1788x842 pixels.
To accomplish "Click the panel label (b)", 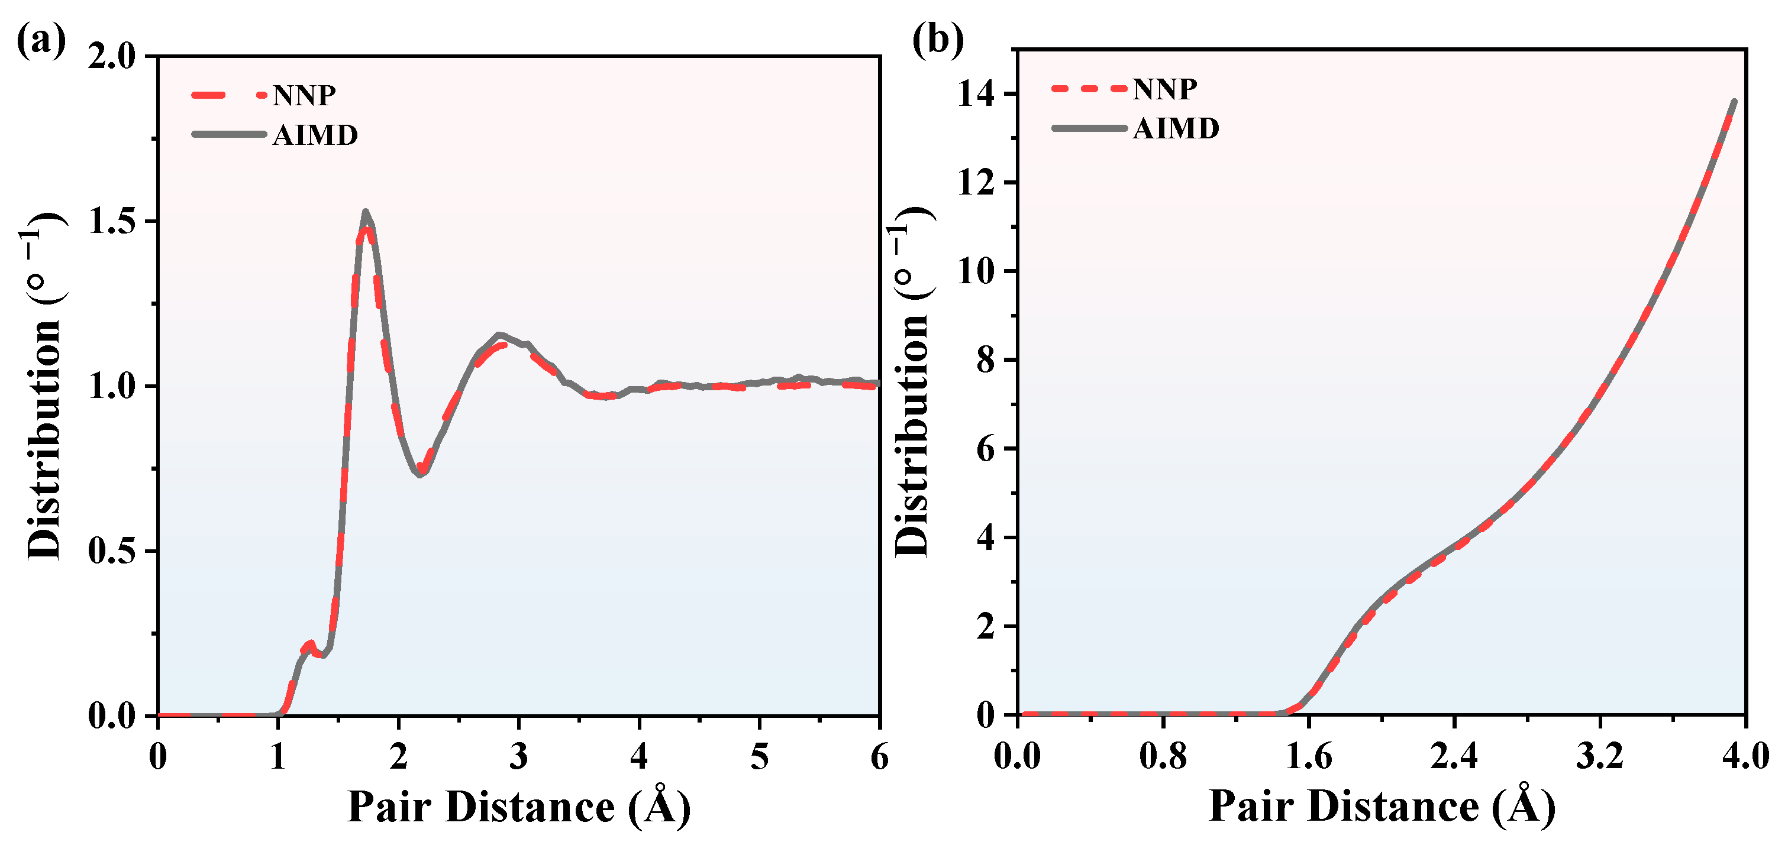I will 937,40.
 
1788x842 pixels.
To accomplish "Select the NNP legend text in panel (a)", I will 304,96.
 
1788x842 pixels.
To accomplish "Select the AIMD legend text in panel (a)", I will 315,135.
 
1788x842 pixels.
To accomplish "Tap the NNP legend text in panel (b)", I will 1165,89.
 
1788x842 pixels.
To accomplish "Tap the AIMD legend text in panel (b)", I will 1176,129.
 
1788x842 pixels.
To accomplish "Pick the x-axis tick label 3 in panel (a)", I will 518,757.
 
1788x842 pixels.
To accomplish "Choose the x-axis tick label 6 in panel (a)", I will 879,757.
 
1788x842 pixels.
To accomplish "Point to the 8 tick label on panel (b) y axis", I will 986,360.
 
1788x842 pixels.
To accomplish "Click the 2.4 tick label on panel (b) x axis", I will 1454,756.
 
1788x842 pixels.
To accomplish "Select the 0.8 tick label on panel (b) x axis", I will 1163,756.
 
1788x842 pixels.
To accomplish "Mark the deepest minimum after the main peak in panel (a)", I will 419,475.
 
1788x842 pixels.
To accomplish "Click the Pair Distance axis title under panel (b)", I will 1382,807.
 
